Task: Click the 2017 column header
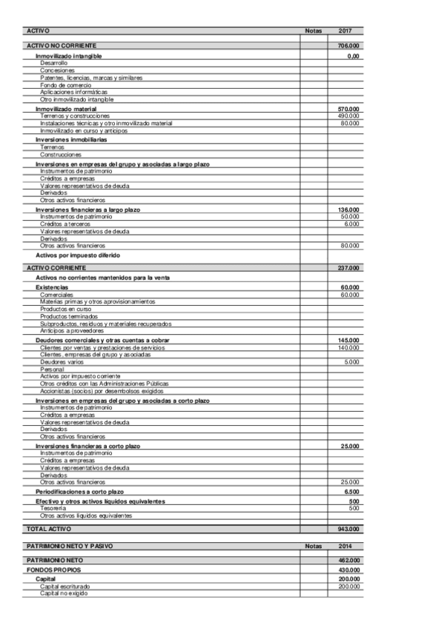tap(345, 31)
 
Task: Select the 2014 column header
tap(345, 547)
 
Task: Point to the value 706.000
tap(348, 46)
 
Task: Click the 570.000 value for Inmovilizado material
tap(348, 110)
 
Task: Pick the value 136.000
tap(348, 210)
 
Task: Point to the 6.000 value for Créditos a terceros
tap(352, 224)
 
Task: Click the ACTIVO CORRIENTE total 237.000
tap(348, 267)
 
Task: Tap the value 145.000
tap(348, 341)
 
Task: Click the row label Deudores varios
tap(62, 362)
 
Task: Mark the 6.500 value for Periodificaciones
tap(352, 492)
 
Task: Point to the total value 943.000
tap(348, 530)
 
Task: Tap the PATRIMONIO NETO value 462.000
tap(348, 561)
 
